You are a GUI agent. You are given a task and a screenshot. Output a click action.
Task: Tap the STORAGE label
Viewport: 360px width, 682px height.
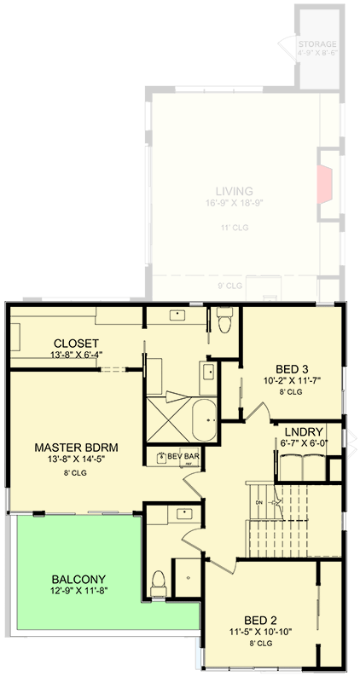tap(317, 44)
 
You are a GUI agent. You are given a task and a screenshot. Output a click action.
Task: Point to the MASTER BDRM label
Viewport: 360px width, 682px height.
tap(75, 447)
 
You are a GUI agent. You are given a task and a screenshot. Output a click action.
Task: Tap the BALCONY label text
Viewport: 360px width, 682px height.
tap(77, 579)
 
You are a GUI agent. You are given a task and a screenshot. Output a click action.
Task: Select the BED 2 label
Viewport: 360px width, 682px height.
tap(262, 621)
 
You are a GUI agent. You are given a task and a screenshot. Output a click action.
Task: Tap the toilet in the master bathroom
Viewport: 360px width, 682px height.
tap(225, 321)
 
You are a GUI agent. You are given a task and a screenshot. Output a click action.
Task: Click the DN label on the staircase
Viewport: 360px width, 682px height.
tap(258, 502)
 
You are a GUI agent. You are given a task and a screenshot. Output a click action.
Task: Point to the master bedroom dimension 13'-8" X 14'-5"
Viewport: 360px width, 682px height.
tap(75, 460)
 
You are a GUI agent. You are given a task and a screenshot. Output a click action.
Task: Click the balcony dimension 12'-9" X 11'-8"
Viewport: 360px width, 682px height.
tap(77, 592)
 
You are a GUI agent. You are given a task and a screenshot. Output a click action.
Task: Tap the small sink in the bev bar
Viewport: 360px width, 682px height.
tap(162, 457)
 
